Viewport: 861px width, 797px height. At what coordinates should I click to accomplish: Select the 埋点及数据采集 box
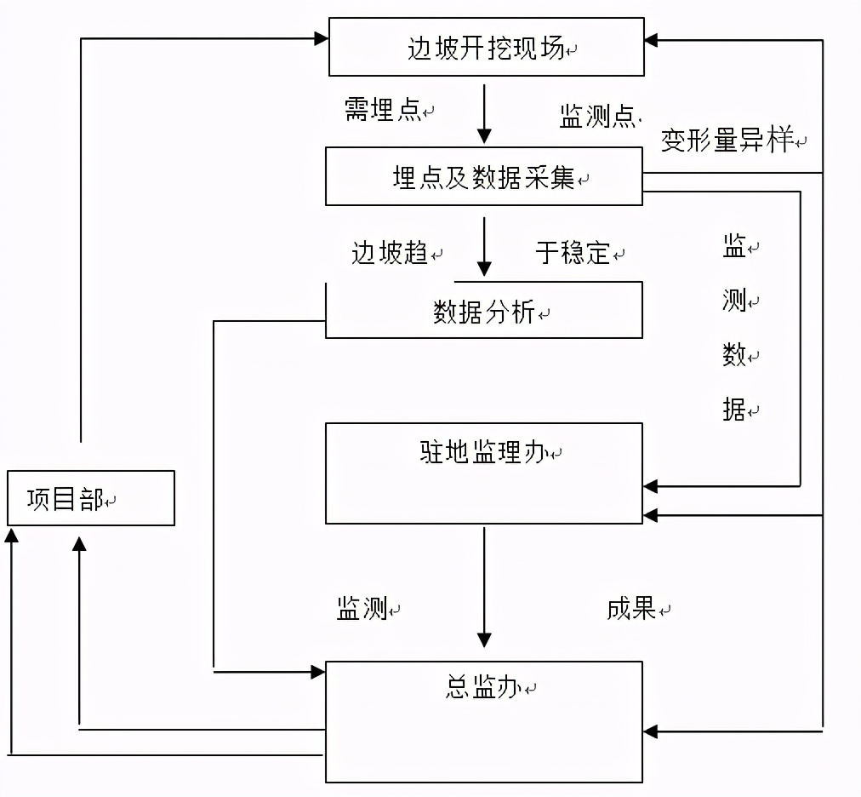click(x=484, y=177)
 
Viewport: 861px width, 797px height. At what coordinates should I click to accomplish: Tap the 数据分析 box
click(x=484, y=312)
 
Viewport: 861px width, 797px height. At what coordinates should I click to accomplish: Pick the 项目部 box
click(x=91, y=498)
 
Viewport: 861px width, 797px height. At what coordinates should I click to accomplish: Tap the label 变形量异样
click(x=727, y=140)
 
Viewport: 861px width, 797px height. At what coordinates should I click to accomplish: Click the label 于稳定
click(x=573, y=253)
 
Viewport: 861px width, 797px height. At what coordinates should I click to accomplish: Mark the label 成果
click(x=631, y=608)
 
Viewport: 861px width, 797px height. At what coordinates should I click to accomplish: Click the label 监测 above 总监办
click(x=362, y=608)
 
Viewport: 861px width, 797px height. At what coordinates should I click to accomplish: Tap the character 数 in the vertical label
click(x=734, y=356)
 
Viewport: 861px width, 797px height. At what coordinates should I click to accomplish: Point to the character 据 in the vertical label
click(x=734, y=410)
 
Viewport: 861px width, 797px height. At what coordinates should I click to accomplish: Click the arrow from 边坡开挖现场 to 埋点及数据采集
click(x=484, y=114)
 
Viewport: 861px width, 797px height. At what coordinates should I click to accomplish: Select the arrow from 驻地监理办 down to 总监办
click(x=484, y=588)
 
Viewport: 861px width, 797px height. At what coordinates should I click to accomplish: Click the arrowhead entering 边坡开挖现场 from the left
click(x=321, y=38)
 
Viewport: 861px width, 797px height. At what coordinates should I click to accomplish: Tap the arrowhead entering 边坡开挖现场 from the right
click(x=651, y=39)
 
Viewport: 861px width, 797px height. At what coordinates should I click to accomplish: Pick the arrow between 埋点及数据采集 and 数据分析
click(x=484, y=247)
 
